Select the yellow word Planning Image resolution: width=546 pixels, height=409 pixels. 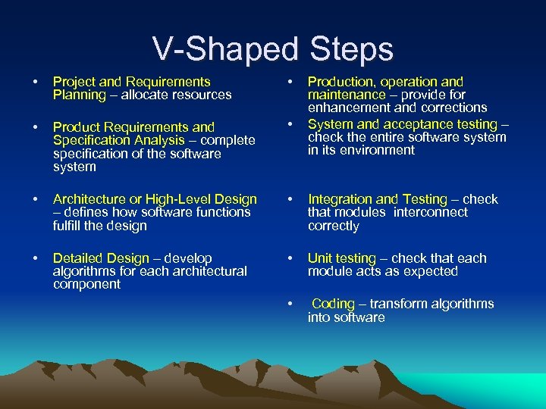click(79, 95)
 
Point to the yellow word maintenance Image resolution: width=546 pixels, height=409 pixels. click(346, 95)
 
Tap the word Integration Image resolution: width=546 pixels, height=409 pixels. click(340, 199)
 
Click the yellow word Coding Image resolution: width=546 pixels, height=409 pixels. click(333, 304)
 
